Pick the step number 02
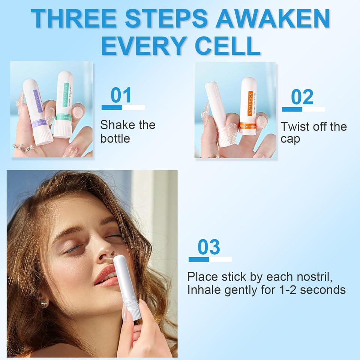(302, 97)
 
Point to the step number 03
(209, 247)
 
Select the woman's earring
(44, 303)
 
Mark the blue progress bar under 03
(199, 259)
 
